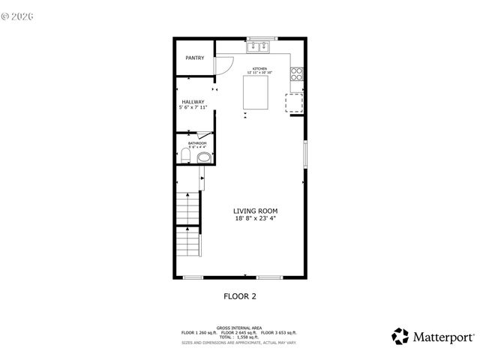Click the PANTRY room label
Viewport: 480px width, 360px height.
coord(195,58)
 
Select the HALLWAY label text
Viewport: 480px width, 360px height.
coord(193,102)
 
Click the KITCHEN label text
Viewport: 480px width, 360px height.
coord(259,69)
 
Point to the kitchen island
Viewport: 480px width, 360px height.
coord(259,91)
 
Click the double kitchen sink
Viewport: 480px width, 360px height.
coord(259,46)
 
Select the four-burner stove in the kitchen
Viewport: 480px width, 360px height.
coord(297,73)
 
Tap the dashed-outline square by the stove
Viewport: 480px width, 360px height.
coord(295,103)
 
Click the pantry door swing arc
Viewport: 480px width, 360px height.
coord(223,66)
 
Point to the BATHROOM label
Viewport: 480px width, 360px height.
coord(196,142)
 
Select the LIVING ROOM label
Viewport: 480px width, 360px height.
coord(255,211)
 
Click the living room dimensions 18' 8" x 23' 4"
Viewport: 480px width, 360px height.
coord(255,219)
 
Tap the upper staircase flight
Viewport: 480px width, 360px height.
coord(188,207)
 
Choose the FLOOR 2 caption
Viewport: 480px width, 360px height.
coord(240,296)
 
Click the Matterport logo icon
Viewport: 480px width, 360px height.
coord(400,335)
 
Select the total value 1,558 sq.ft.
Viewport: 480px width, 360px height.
coord(247,337)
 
